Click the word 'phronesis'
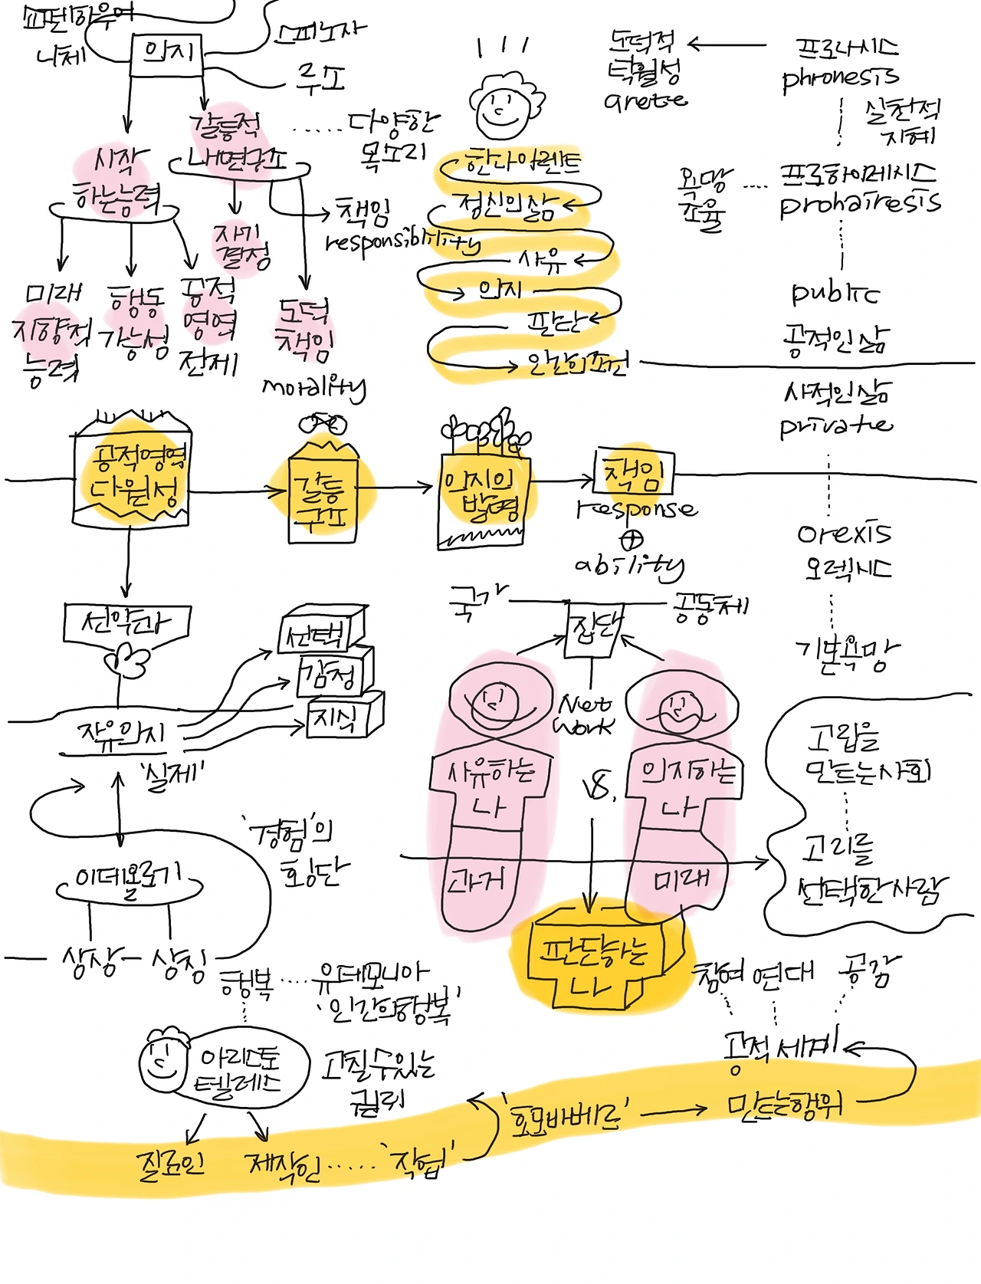click(x=840, y=77)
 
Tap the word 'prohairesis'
click(x=859, y=203)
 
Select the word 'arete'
click(x=645, y=100)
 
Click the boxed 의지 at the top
click(x=166, y=54)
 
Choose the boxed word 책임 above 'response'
click(x=634, y=473)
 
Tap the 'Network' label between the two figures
click(x=585, y=714)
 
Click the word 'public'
click(x=835, y=294)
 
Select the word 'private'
click(x=835, y=425)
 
